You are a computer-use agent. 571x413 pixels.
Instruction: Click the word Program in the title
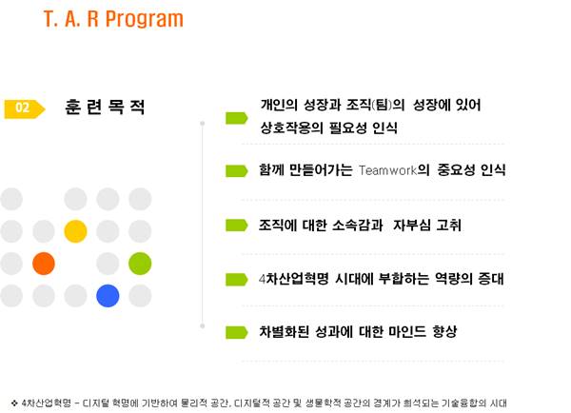(145, 20)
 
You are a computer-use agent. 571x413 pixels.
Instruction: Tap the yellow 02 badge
(25, 108)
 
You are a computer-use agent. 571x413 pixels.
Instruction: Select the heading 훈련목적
(105, 108)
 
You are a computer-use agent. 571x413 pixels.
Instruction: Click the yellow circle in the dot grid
(75, 231)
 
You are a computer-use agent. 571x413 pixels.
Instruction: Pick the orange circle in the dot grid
(44, 264)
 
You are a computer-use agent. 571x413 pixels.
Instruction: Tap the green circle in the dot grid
(140, 264)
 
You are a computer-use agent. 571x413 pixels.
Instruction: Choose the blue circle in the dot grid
(108, 296)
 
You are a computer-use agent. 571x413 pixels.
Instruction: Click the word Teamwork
(388, 170)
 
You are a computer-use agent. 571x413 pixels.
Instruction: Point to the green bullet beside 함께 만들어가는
(237, 170)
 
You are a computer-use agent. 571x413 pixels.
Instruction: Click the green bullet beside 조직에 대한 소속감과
(237, 226)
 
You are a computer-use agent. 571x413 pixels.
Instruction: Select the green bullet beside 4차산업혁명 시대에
(237, 280)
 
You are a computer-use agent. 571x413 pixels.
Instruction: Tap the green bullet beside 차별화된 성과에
(237, 332)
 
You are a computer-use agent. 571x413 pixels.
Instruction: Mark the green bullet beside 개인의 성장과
(237, 118)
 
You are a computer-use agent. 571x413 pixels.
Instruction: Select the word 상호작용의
(291, 128)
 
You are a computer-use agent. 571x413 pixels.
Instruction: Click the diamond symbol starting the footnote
(14, 403)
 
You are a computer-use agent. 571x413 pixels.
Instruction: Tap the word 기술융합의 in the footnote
(463, 403)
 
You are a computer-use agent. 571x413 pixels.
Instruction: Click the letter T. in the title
(50, 19)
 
